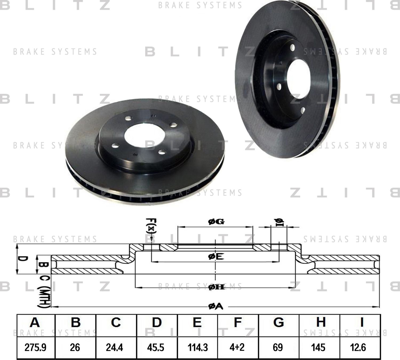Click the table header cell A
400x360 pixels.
[x=35, y=322]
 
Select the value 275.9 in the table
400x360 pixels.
[x=35, y=347]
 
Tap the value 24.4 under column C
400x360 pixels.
[x=114, y=347]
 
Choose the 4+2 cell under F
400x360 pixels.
[x=237, y=347]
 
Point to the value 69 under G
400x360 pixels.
[x=278, y=347]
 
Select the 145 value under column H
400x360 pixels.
[x=319, y=347]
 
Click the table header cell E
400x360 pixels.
[x=197, y=322]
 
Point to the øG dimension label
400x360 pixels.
[x=216, y=221]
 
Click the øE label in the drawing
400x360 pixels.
[x=216, y=257]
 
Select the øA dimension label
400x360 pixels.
[x=215, y=307]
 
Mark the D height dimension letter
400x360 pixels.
[x=23, y=259]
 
